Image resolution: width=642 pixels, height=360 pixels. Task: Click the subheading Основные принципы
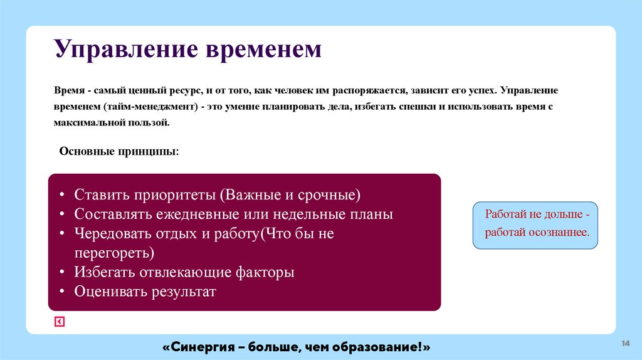118,152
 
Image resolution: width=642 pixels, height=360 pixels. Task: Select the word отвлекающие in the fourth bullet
189,272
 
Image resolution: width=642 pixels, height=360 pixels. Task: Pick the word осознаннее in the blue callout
559,232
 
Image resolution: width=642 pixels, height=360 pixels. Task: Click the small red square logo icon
59,322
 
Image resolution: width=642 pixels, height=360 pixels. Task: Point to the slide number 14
625,343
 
